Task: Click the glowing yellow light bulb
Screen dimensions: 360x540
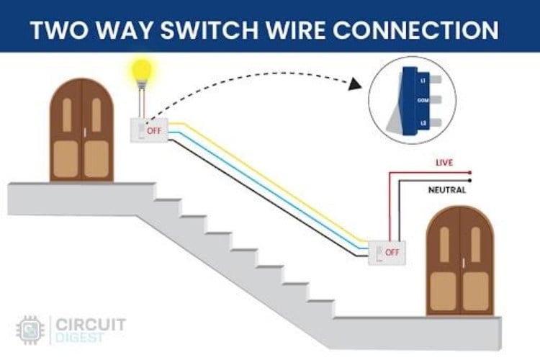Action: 143,71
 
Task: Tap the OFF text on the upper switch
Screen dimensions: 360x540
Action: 154,131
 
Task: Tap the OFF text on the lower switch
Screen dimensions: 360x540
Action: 392,252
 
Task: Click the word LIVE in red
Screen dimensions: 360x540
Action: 444,163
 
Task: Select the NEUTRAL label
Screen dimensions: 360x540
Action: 446,190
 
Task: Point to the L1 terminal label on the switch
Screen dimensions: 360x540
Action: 423,81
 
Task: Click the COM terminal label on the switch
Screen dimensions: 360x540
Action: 423,102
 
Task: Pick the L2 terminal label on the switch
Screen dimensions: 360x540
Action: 423,123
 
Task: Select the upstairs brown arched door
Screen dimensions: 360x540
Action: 81,130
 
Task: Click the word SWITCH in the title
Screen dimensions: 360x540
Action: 233,30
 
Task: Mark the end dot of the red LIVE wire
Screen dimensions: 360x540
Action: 469,173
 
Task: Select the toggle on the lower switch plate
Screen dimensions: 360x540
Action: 379,252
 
